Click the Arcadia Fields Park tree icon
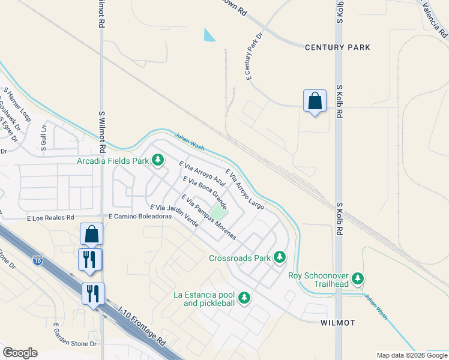158,160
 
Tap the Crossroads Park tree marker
279,258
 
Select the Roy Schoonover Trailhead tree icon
358,278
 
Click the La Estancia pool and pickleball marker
244,297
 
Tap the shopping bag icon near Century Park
315,101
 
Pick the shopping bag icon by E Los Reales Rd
92,234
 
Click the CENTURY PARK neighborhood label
337,47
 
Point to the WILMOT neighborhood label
338,323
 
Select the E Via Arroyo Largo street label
245,188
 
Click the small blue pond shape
209,35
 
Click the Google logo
20,353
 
